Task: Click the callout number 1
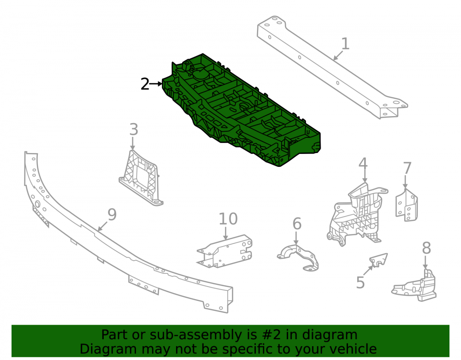345,44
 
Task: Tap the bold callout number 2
145,84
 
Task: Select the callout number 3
134,130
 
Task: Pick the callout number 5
361,282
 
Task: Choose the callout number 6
297,224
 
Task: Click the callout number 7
407,168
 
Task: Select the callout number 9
112,214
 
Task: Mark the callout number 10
228,219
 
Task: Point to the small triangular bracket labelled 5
378,260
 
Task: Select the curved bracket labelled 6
298,257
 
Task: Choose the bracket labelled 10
225,251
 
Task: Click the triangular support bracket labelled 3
141,178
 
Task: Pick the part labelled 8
414,285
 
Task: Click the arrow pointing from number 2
156,84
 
